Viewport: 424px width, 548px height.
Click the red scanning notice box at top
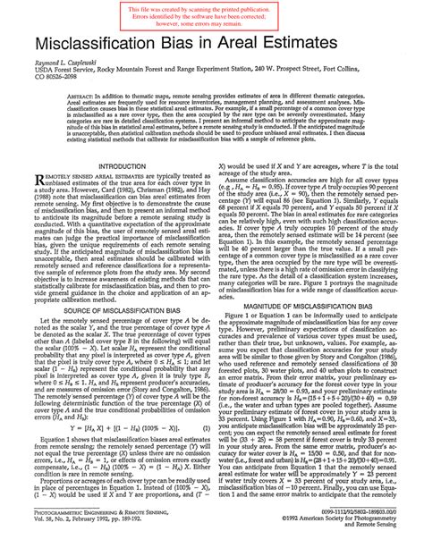[211, 15]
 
